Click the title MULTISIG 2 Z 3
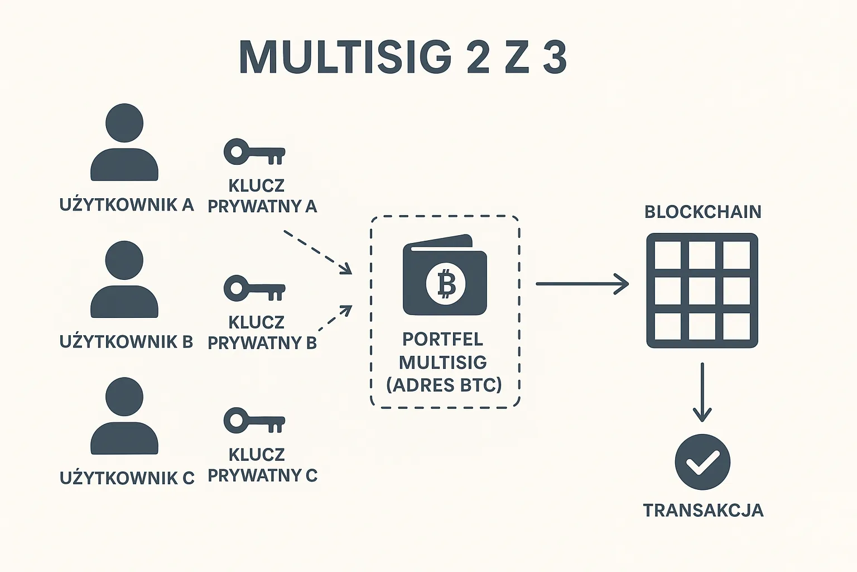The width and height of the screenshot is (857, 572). point(403,57)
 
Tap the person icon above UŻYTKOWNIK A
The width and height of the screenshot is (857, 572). point(124,143)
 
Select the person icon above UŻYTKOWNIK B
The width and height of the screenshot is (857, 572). point(124,280)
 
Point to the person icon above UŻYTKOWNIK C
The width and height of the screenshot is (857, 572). point(124,416)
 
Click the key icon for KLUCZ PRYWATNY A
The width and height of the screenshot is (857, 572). point(254,152)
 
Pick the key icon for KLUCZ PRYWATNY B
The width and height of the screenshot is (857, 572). point(254,289)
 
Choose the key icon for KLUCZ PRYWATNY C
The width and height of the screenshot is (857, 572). point(254,421)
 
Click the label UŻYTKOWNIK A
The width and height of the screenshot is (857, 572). point(127,205)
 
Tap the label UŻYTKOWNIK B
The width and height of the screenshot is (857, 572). point(126,342)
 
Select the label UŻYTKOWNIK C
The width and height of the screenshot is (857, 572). point(127,478)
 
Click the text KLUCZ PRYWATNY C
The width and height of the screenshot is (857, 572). point(262,465)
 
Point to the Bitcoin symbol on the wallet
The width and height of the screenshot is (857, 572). point(445,284)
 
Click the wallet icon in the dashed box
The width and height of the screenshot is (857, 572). point(445,275)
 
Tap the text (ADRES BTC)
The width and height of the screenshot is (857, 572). point(444,385)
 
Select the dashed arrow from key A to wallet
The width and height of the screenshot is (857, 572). point(318,252)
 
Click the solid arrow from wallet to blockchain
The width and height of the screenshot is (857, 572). point(582,284)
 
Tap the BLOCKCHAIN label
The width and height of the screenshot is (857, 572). point(702,212)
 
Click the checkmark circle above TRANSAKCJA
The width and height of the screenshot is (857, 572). point(702,462)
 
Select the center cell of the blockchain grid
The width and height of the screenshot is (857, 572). point(702,290)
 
